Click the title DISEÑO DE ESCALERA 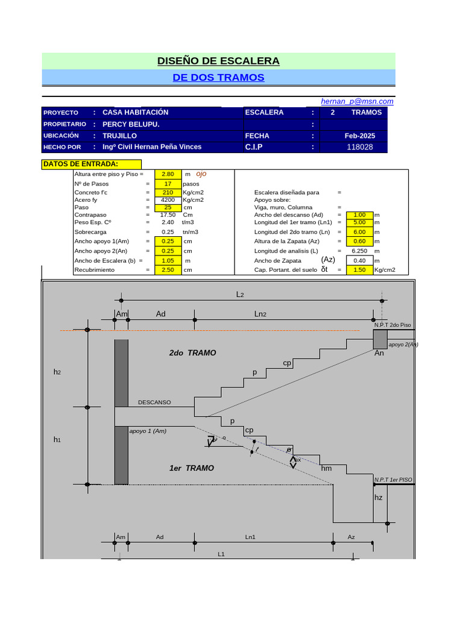tap(218, 61)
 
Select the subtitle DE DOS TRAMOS tap(218, 78)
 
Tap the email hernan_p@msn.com tap(357, 101)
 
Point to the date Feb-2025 tap(360, 136)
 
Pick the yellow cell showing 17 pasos tap(168, 183)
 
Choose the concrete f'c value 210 tap(168, 192)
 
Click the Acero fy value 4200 tap(168, 199)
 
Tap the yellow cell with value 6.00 tap(359, 231)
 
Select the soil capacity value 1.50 tap(359, 270)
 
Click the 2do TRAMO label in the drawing tap(192, 353)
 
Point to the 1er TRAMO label tap(191, 468)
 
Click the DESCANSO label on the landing tap(154, 402)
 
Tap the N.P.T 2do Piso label tap(392, 325)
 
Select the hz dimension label tap(379, 498)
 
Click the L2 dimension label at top tap(240, 295)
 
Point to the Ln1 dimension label tap(250, 536)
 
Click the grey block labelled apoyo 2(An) tap(380, 339)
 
